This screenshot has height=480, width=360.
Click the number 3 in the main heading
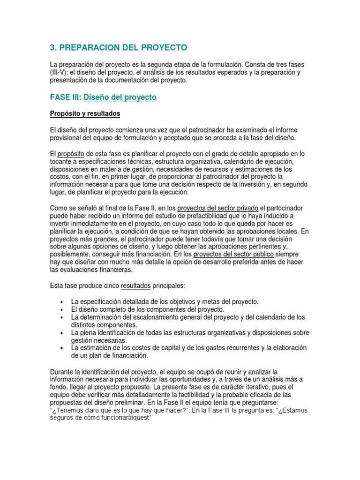(52, 48)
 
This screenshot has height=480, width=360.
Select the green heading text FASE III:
(65, 97)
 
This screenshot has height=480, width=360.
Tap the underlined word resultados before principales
(136, 285)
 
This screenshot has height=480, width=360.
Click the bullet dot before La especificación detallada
(62, 302)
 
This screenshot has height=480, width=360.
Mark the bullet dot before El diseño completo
(62, 310)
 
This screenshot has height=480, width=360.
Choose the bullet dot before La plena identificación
(62, 333)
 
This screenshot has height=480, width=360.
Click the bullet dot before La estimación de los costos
(62, 348)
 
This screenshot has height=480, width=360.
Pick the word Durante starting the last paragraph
(62, 372)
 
